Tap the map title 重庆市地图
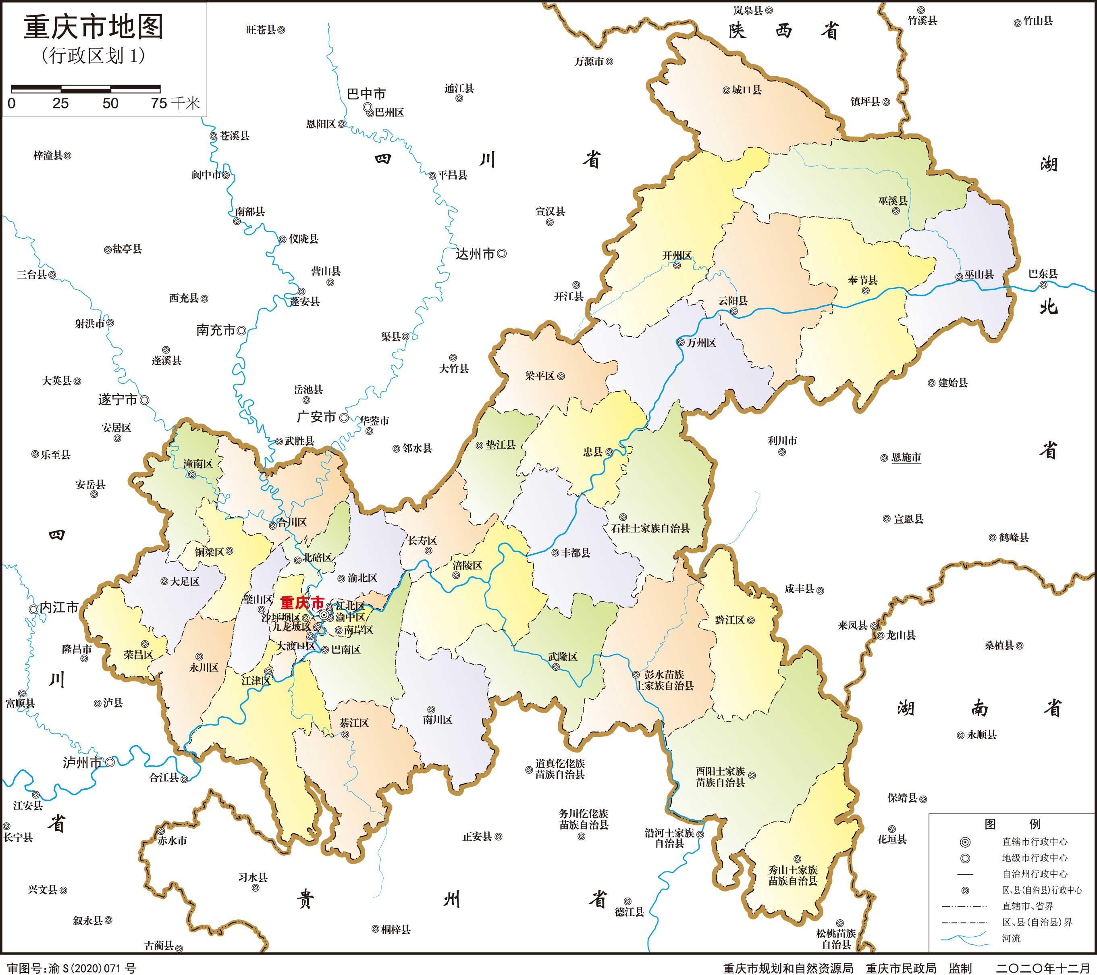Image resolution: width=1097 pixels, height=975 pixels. coord(93,27)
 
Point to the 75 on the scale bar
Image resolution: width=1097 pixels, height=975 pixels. coord(159,104)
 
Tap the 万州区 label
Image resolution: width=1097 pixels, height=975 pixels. coord(701,343)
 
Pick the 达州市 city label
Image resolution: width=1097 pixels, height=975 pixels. coord(475,254)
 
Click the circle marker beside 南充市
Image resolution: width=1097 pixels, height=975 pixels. coord(241,331)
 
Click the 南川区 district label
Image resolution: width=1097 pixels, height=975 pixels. coord(437,719)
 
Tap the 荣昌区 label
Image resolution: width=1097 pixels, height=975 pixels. coord(139,655)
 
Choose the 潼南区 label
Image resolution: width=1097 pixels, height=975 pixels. coord(198,464)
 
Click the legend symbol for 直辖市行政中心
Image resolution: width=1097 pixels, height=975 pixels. coord(965,842)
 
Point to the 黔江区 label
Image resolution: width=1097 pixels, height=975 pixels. coord(729,620)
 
